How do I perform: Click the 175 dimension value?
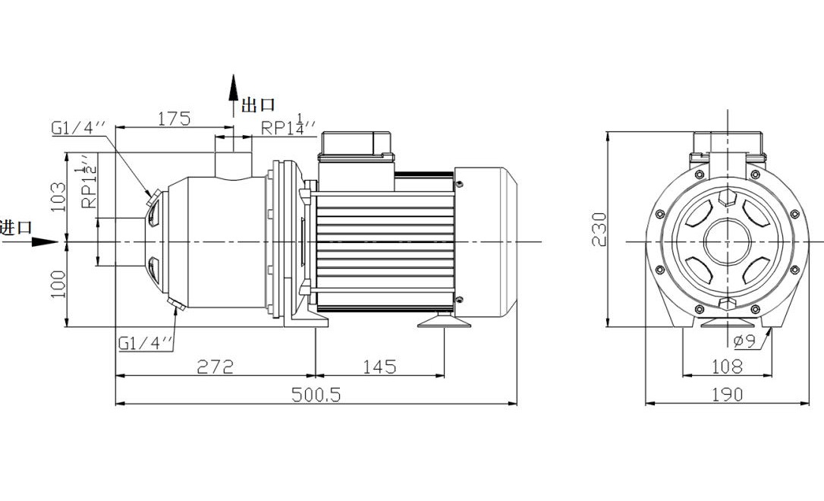point(174,119)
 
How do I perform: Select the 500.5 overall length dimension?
point(317,395)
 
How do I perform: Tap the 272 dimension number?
point(215,367)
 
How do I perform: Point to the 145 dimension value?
point(379,367)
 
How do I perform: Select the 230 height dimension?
point(599,228)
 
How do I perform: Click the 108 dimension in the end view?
point(727,367)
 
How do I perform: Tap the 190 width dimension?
point(727,395)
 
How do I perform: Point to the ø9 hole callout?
point(745,342)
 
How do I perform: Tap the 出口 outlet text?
point(258,106)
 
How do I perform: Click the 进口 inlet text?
point(16,227)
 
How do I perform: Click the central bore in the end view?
point(727,242)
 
